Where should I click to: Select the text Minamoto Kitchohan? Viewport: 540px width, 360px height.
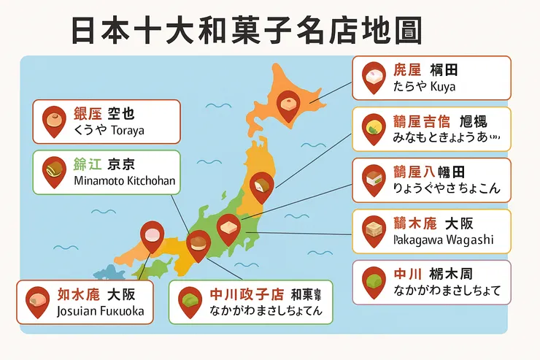point(125,180)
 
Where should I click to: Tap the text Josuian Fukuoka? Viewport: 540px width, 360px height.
point(100,312)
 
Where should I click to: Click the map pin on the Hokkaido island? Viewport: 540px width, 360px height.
point(288,102)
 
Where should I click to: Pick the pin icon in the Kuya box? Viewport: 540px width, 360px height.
point(374,76)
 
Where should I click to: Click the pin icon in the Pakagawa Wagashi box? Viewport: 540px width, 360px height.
point(374,229)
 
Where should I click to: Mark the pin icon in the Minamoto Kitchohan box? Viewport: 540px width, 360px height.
point(54,171)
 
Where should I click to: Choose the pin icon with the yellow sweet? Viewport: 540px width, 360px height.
point(374,127)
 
